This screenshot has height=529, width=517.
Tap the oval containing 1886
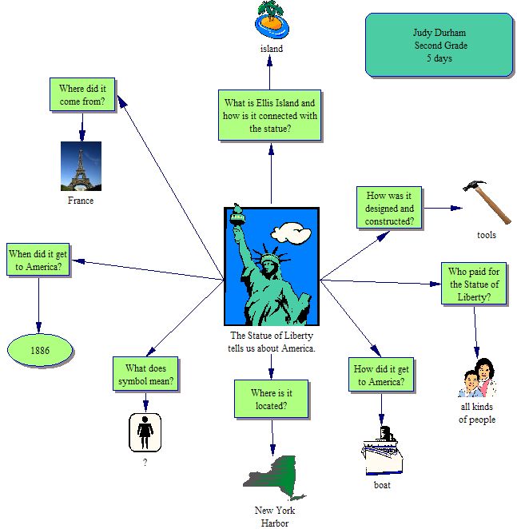click(x=40, y=350)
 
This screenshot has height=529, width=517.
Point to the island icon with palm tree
click(x=272, y=19)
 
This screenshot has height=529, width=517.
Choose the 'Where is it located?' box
click(x=272, y=399)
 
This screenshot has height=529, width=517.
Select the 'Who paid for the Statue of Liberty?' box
click(x=475, y=283)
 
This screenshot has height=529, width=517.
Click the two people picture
click(x=477, y=378)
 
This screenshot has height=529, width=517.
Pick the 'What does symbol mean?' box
click(x=145, y=374)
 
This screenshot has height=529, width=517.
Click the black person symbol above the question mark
click(x=145, y=432)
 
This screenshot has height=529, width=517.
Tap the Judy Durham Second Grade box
click(x=439, y=45)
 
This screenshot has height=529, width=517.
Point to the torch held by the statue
click(x=237, y=217)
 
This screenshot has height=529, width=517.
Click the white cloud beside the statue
click(x=290, y=233)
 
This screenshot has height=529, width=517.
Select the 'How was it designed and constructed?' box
click(x=389, y=208)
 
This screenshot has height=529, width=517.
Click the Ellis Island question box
click(x=271, y=115)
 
